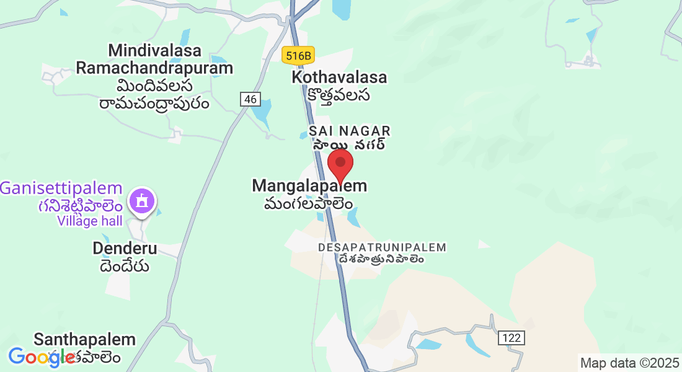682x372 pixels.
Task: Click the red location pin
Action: click(340, 164)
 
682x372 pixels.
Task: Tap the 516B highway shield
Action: click(298, 56)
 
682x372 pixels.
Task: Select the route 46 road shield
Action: click(250, 99)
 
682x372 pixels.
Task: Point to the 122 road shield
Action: click(511, 338)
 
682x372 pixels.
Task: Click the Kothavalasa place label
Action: click(339, 77)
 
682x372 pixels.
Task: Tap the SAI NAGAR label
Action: click(350, 131)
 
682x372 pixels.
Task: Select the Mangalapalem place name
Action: click(309, 185)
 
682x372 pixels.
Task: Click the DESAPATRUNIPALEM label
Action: click(382, 247)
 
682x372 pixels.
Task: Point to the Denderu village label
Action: click(125, 249)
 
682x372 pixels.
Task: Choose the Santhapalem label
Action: click(85, 339)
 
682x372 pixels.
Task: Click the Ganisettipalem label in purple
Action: click(61, 188)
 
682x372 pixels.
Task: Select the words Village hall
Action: click(90, 221)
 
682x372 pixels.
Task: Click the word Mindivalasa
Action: click(154, 50)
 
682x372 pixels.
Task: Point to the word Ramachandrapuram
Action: click(154, 68)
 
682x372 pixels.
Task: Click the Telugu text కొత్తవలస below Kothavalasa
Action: click(339, 95)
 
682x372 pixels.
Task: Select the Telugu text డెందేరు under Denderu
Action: click(125, 266)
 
